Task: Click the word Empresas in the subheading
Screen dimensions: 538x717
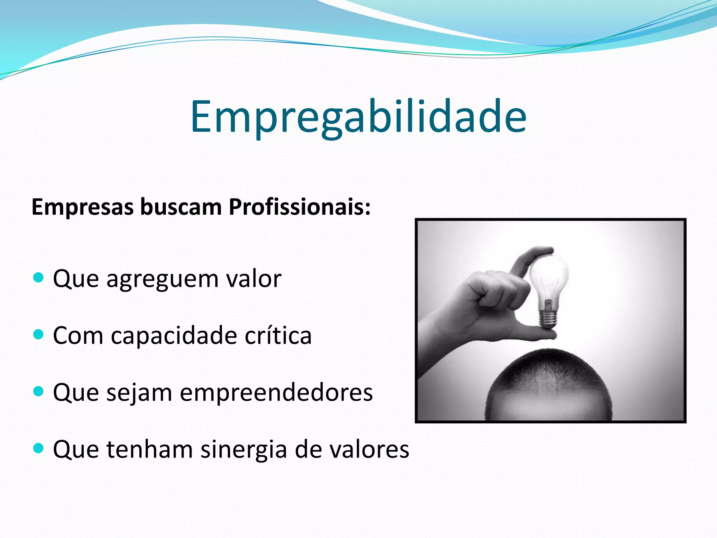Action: [83, 207]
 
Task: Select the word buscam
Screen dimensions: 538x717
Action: [181, 207]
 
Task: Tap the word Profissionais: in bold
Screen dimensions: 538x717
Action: [300, 207]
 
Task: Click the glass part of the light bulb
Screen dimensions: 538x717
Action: [548, 277]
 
